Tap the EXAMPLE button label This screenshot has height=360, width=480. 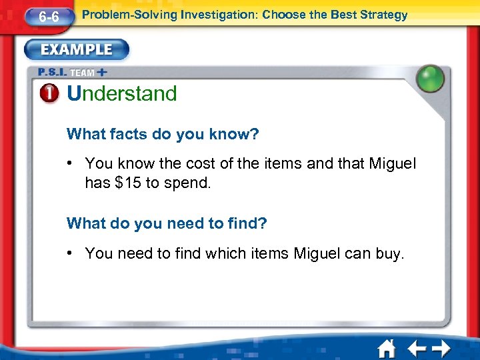(x=76, y=50)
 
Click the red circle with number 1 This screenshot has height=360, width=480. (x=51, y=94)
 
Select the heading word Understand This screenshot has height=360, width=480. (x=122, y=94)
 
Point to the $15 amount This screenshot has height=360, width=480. (x=127, y=183)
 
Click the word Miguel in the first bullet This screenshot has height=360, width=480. (x=393, y=163)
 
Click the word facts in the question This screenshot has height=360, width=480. (x=127, y=134)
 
